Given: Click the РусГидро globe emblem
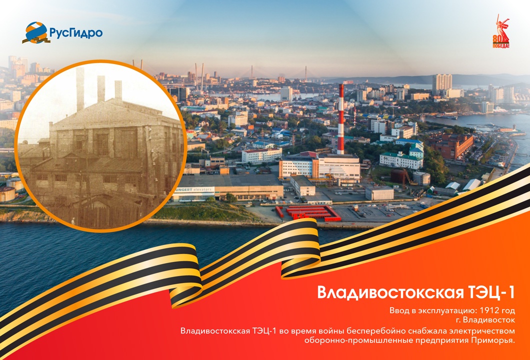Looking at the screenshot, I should click(35, 32).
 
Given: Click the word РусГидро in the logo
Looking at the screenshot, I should click(76, 33).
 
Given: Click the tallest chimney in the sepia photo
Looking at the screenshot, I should click(80, 90).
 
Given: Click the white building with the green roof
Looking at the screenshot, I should click(400, 159).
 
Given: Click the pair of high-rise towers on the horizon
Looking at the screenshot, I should click(442, 82).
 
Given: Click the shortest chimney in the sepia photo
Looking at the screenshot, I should click(118, 90).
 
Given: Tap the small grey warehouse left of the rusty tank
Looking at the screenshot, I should click(378, 193).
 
